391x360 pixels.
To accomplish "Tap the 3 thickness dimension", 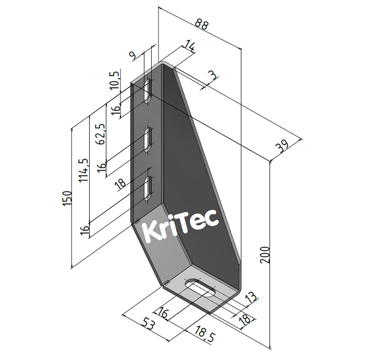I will click(212, 76).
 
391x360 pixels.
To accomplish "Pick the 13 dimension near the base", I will click(251, 298).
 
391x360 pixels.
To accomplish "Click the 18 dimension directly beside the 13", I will click(243, 321).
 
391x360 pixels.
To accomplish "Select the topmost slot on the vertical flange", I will click(149, 90).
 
